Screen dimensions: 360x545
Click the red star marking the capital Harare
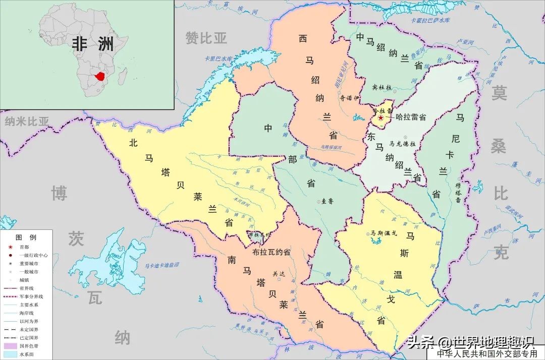click(x=380, y=117)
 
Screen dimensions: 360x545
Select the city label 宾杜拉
click(x=382, y=87)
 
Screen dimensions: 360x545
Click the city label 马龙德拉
click(x=403, y=144)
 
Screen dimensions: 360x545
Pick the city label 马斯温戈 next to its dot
click(x=384, y=233)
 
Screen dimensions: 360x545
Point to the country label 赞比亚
click(x=206, y=38)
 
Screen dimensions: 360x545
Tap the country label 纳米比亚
click(x=27, y=121)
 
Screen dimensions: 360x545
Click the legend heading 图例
click(x=26, y=237)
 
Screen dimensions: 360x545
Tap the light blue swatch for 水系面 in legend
click(x=10, y=354)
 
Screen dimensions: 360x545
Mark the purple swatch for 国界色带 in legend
click(x=10, y=346)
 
